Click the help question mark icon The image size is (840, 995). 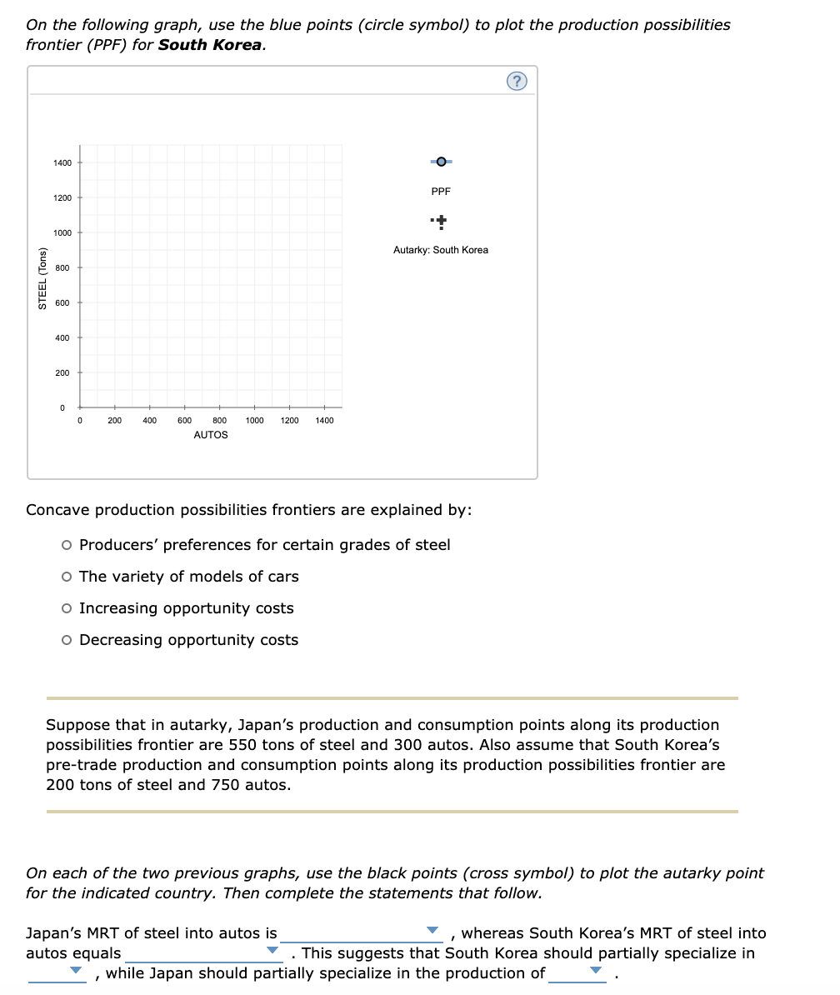point(517,81)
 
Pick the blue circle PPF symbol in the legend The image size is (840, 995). point(441,161)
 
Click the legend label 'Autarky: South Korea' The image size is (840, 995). point(441,250)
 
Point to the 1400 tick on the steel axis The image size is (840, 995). point(63,162)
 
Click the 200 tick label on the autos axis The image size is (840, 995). point(115,421)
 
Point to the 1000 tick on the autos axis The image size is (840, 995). point(255,421)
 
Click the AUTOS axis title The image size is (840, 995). point(210,435)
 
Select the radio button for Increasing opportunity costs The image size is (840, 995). point(67,609)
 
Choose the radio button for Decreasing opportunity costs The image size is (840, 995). point(67,641)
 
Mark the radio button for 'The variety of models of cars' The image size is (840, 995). point(67,577)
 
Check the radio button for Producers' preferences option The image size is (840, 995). point(67,546)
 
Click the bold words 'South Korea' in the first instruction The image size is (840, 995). point(210,45)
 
